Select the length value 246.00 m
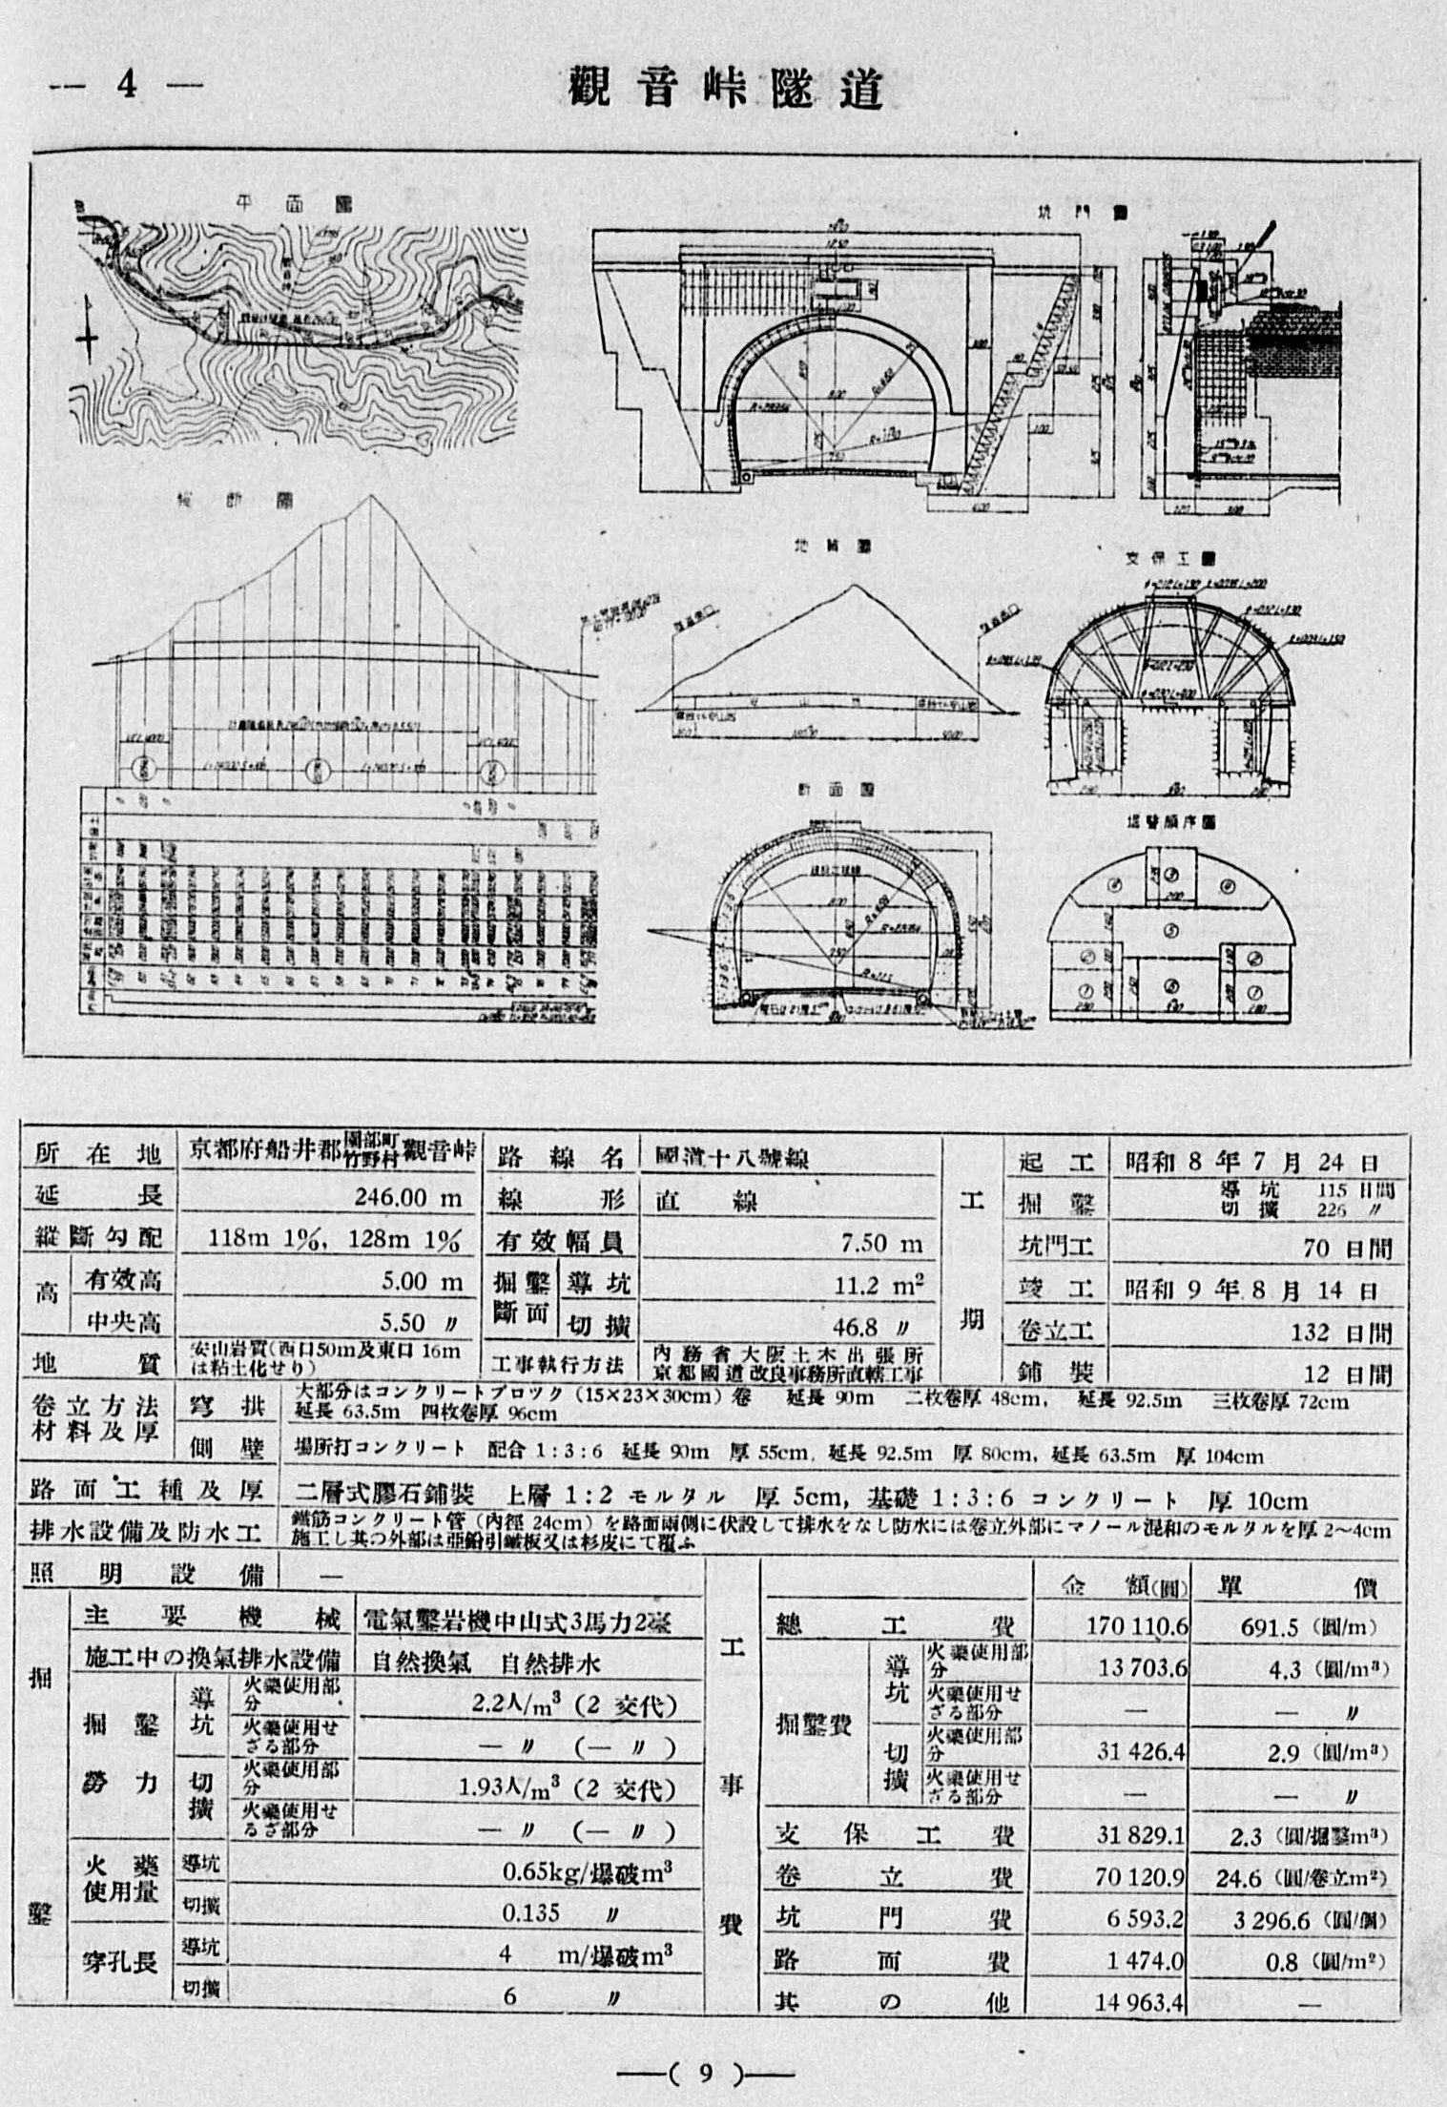tap(407, 1197)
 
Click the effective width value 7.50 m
tap(880, 1243)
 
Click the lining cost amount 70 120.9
tap(1139, 1877)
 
